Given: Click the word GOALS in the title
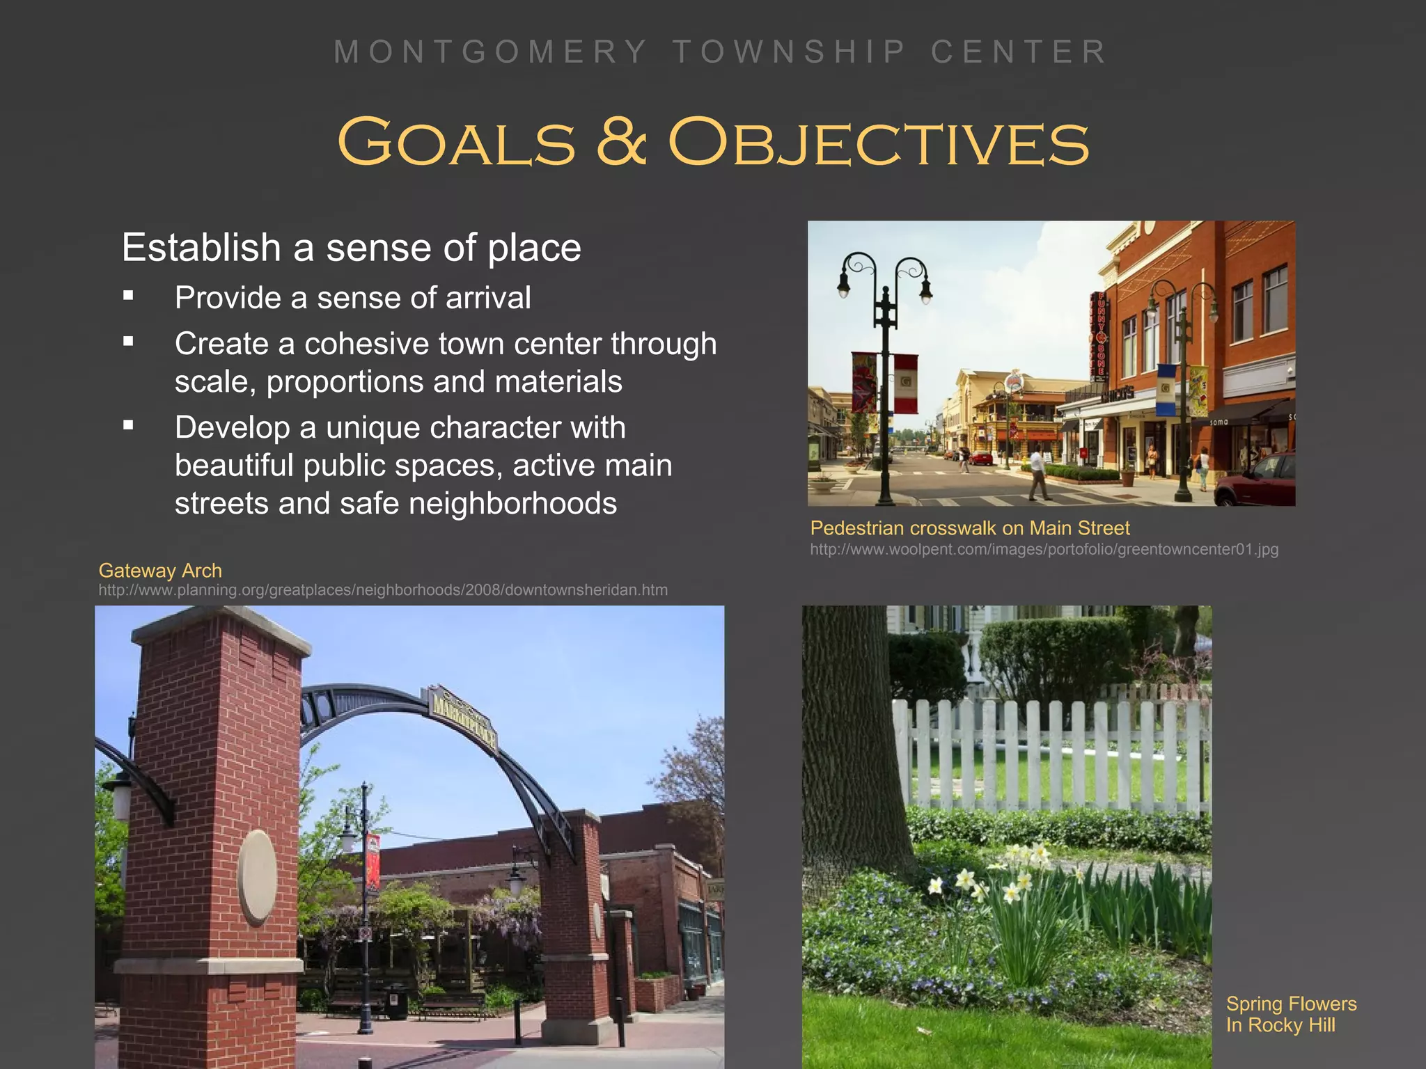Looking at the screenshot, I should [457, 143].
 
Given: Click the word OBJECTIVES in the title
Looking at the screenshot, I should [879, 143].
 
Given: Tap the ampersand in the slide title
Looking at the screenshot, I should [622, 143].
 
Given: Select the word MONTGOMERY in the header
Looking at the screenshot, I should [491, 52].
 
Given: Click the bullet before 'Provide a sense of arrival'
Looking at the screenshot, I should [128, 296].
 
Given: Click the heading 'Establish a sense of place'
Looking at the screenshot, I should [351, 248].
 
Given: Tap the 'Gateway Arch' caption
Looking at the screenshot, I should [160, 571].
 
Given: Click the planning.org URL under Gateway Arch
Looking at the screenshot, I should [383, 590].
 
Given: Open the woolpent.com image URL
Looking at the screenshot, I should [1044, 549].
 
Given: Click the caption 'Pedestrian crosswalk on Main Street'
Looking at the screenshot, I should [970, 528].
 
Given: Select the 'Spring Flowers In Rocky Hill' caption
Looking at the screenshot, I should [1290, 1014].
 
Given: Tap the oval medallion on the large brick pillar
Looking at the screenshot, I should [257, 878].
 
